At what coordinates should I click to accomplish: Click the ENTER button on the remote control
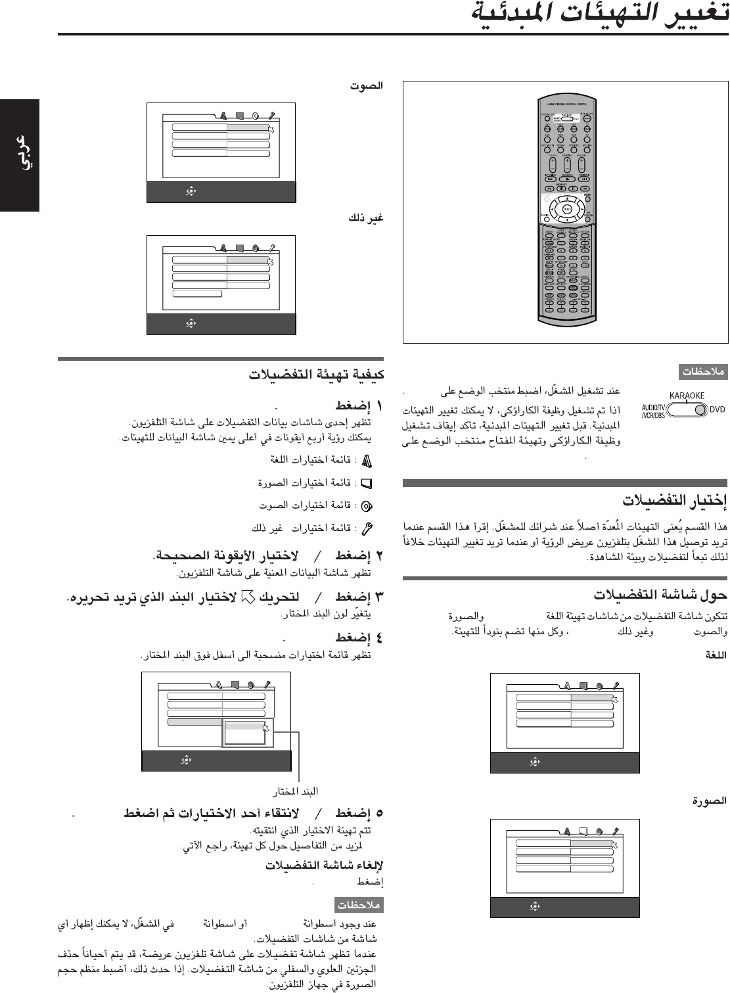566,209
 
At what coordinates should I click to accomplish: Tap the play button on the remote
566,178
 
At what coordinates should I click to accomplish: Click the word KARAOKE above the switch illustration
687,396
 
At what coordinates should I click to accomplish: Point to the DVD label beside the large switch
717,409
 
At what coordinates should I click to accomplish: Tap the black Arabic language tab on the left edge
20,155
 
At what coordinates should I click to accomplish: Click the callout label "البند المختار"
300,790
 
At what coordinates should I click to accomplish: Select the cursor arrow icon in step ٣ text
248,597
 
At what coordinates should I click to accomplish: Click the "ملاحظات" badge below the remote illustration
702,373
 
